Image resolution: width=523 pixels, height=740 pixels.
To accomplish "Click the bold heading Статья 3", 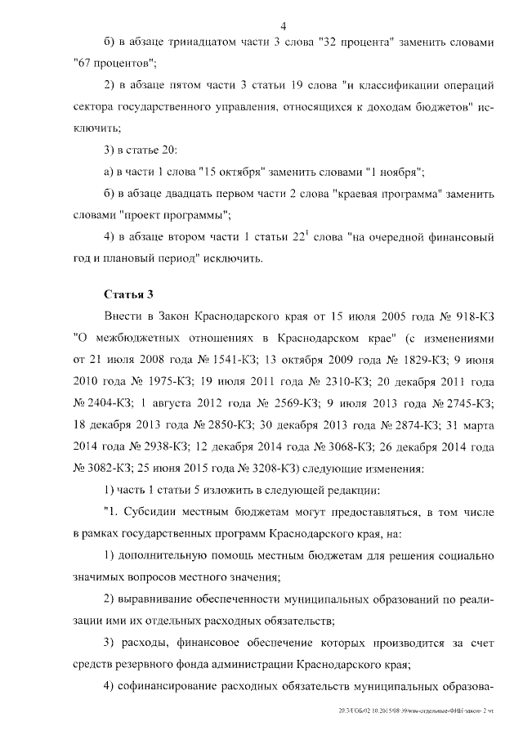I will (127, 294).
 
